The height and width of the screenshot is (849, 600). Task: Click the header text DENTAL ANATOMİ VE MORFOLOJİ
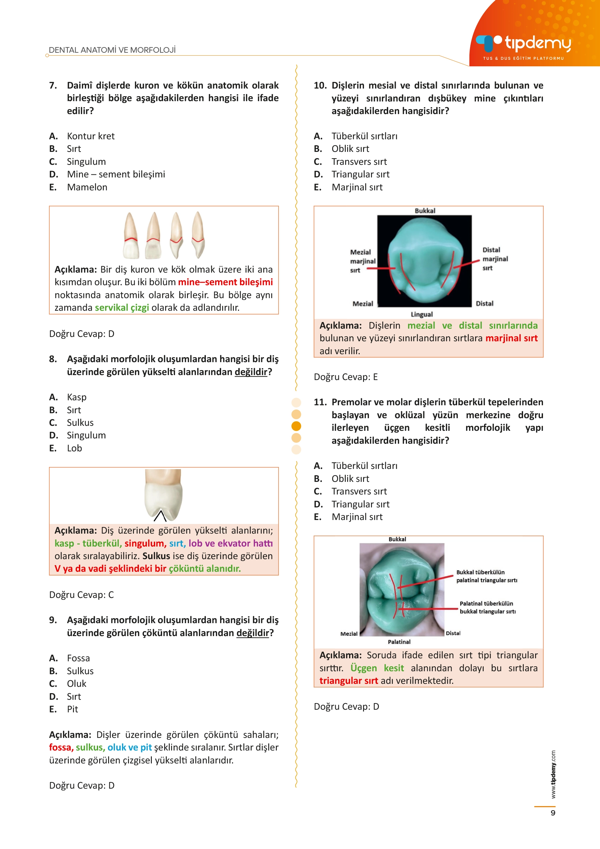pyautogui.click(x=112, y=50)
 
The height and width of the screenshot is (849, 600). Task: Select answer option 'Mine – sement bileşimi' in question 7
pyautogui.click(x=116, y=174)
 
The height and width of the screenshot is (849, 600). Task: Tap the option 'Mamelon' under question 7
pyautogui.click(x=87, y=187)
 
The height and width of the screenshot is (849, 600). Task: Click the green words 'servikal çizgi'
pyautogui.click(x=122, y=308)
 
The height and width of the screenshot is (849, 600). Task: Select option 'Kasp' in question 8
pyautogui.click(x=77, y=397)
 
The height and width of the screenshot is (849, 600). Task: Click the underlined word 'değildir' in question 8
pyautogui.click(x=251, y=372)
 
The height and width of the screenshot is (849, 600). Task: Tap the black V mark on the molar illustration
pyautogui.click(x=160, y=516)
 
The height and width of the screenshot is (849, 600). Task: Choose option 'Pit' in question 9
pyautogui.click(x=73, y=709)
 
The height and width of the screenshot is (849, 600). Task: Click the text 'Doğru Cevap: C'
pyautogui.click(x=81, y=595)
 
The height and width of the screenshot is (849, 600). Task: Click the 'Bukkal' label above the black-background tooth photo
pyautogui.click(x=425, y=211)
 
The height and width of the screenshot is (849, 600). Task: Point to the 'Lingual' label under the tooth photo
pyautogui.click(x=421, y=314)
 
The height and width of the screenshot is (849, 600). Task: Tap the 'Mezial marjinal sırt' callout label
pyautogui.click(x=362, y=261)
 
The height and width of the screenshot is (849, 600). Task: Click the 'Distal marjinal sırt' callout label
pyautogui.click(x=495, y=259)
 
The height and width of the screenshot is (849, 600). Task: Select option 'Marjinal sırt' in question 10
pyautogui.click(x=357, y=187)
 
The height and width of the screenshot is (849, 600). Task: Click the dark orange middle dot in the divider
pyautogui.click(x=296, y=426)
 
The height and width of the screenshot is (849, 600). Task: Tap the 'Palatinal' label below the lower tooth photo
pyautogui.click(x=399, y=642)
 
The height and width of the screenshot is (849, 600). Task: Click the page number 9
pyautogui.click(x=553, y=813)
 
